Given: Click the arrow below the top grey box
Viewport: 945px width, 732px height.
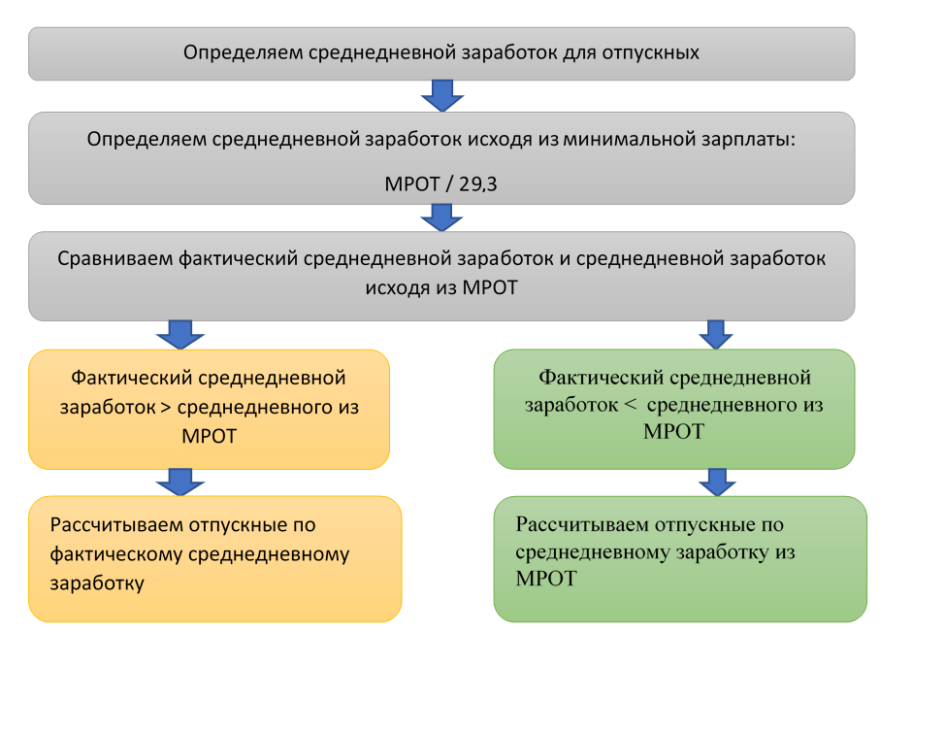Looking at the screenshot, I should [x=441, y=95].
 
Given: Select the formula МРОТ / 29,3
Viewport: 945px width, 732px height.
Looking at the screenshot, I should [x=441, y=183].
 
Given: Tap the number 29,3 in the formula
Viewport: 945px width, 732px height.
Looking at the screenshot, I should [x=476, y=183].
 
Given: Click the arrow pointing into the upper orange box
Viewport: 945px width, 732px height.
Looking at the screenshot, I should [x=179, y=334].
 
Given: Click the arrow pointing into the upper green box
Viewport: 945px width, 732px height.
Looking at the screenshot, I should [x=716, y=334].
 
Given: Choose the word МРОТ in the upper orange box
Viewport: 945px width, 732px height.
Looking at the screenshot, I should [x=209, y=435].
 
